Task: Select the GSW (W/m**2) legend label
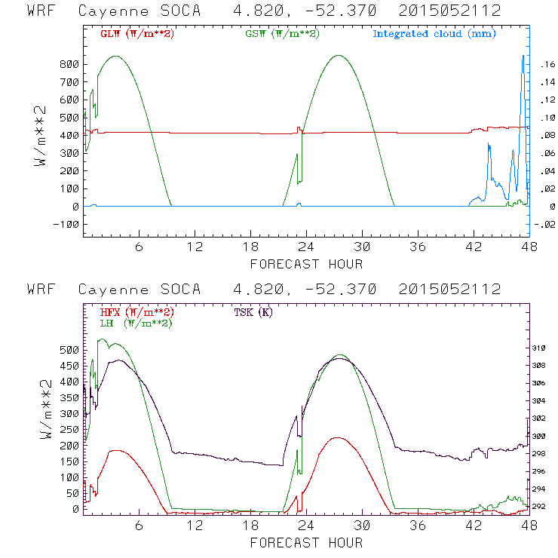pos(282,34)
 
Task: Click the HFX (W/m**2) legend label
pos(132,312)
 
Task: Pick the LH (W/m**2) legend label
pos(136,323)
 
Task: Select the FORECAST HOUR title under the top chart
pos(306,264)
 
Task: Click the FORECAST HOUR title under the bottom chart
pos(306,542)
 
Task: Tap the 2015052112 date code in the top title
pos(450,11)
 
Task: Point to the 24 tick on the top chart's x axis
pos(307,247)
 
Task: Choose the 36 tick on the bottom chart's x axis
pos(418,526)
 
